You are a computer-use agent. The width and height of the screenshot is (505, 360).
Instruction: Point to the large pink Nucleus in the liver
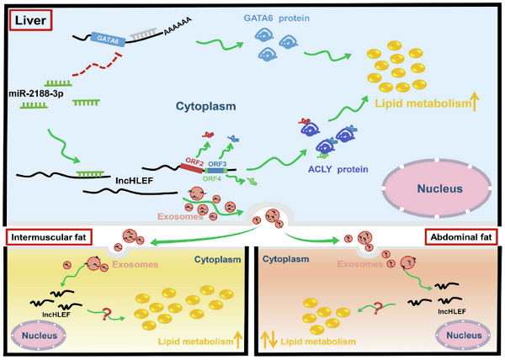[437, 188]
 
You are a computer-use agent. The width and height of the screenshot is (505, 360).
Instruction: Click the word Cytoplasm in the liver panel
[206, 107]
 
